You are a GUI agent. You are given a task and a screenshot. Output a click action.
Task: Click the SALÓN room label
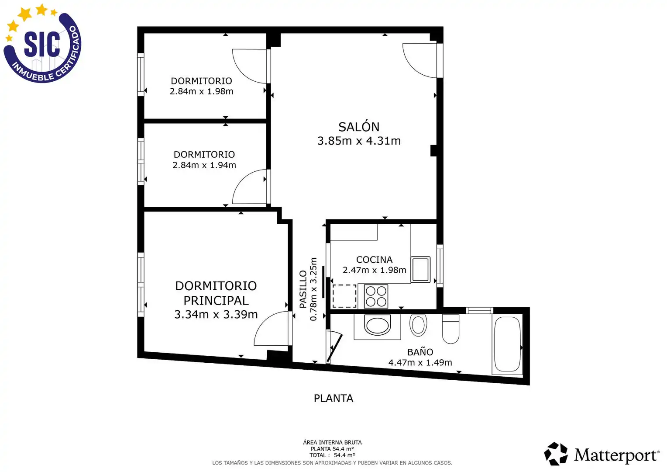pos(359,127)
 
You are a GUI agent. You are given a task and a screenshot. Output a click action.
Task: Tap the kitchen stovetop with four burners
pos(376,296)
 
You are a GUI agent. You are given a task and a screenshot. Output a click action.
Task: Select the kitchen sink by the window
pos(420,270)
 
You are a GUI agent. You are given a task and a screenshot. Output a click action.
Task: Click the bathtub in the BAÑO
pos(507,344)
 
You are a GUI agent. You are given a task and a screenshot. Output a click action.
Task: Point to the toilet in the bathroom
pos(450,329)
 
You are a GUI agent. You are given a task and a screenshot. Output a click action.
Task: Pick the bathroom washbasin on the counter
pos(377,326)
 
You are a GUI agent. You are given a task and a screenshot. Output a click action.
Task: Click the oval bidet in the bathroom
pos(418,325)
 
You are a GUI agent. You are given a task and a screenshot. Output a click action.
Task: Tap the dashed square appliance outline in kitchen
pos(344,296)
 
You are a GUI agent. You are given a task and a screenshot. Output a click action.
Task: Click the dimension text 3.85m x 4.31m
pos(359,141)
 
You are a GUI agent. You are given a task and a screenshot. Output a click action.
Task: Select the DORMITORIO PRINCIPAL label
pos(216,293)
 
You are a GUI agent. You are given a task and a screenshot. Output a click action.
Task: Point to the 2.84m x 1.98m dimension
pos(202,91)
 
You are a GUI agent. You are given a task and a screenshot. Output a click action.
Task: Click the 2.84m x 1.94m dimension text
pos(204,165)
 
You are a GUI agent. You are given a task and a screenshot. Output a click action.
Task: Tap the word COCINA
pos(374,260)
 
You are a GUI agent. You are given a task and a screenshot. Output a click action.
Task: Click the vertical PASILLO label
pos(303,289)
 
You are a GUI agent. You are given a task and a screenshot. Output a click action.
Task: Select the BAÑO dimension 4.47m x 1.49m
pos(420,363)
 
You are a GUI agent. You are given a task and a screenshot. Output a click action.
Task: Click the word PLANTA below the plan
pos(333,398)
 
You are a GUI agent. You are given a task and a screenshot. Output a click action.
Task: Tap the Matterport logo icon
pos(556,454)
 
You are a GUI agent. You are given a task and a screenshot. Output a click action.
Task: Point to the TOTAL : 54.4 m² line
pos(332,455)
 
